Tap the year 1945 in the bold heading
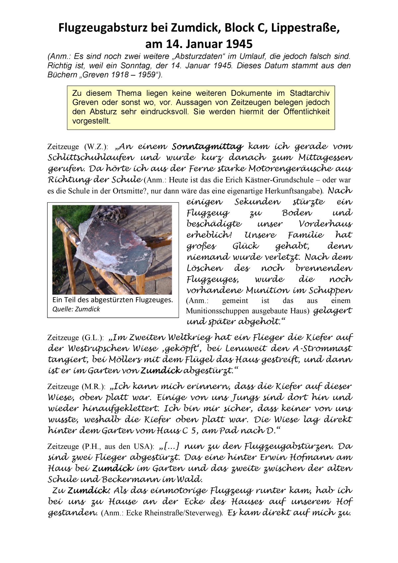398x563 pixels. tap(237, 44)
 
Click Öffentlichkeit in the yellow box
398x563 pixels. tap(306, 111)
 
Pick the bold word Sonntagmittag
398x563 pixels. tap(208, 147)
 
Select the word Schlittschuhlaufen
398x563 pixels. tap(91, 157)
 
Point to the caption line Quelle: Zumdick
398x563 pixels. tap(76, 309)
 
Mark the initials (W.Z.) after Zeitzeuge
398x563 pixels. tap(96, 147)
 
